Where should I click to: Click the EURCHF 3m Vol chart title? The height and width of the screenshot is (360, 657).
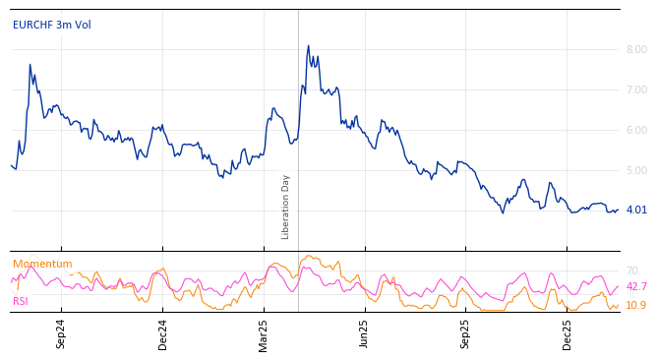51,25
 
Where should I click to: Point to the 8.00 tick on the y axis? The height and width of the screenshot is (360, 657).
636,49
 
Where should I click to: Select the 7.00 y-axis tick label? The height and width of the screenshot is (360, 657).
636,90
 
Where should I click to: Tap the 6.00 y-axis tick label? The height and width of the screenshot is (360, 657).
636,130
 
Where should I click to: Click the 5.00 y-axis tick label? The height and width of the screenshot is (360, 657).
636,170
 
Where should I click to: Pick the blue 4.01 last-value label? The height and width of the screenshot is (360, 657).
636,210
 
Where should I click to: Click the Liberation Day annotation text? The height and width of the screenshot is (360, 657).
286,207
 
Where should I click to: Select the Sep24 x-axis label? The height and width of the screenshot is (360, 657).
61,333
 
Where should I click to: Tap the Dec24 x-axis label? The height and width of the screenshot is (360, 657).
163,333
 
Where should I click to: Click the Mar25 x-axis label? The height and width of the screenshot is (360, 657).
264,333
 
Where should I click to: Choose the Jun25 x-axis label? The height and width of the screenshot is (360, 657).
364,333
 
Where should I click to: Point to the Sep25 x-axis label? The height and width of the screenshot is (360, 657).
466,333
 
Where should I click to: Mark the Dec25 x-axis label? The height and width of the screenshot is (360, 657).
567,333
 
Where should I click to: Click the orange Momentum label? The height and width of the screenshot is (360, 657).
42,264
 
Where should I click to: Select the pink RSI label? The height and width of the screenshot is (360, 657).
21,301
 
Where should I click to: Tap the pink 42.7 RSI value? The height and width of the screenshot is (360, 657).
636,286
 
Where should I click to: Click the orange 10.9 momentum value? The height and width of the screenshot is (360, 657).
636,305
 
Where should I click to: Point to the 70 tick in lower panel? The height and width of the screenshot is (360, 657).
631,270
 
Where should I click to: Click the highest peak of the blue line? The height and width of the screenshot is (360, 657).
308,45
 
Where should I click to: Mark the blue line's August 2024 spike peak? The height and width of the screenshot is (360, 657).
30,65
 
